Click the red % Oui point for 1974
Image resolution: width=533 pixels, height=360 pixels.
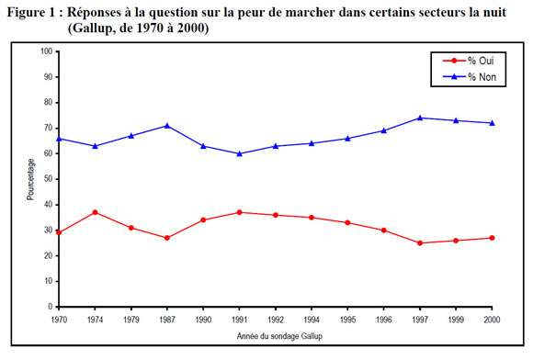click(94, 212)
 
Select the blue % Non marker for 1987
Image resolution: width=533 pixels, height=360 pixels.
click(166, 126)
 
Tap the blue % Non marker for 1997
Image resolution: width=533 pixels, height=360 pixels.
click(420, 118)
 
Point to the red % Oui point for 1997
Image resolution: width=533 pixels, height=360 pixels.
click(420, 243)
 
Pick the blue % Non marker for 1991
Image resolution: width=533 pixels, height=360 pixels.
click(239, 153)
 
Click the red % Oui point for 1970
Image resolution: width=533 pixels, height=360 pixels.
click(58, 232)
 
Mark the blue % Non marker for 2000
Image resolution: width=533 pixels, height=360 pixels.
click(493, 123)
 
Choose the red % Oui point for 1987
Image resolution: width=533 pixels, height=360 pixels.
click(166, 238)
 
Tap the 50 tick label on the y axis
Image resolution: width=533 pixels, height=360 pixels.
click(47, 179)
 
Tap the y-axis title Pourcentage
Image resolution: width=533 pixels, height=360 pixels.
click(30, 179)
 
